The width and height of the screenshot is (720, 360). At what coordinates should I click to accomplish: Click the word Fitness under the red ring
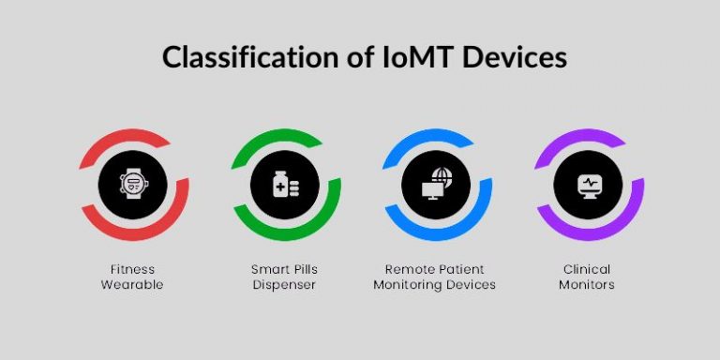[132, 269]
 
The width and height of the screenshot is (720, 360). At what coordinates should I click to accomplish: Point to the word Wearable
[132, 284]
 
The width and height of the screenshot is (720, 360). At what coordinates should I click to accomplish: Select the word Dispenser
[286, 284]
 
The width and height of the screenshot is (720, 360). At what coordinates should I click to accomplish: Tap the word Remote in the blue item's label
[411, 269]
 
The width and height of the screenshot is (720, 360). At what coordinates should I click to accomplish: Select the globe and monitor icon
[436, 184]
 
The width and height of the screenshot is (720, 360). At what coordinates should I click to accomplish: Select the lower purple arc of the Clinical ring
[609, 229]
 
